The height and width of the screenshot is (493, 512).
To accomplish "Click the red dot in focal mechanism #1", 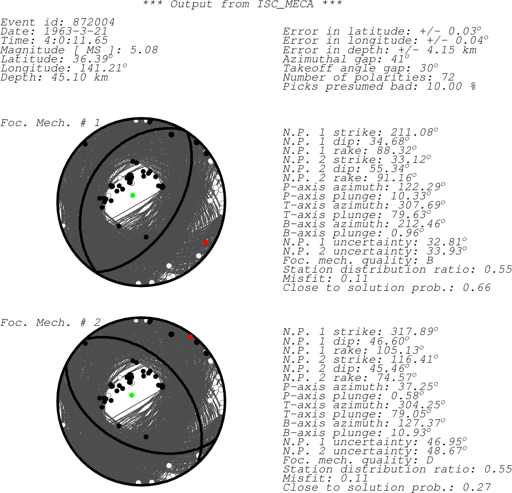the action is (205, 242).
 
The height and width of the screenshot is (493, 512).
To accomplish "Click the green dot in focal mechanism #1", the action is (133, 195).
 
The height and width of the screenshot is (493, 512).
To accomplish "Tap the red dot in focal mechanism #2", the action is (191, 337).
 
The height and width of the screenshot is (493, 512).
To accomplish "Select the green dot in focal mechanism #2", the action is (132, 395).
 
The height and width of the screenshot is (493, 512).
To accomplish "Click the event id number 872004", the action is (94, 22).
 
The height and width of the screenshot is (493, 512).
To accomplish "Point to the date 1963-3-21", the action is (76, 32).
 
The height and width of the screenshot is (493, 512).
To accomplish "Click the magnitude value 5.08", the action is (144, 50).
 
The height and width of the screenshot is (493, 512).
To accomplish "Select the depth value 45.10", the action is (68, 78).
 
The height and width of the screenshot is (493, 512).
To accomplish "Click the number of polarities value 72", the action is (448, 78).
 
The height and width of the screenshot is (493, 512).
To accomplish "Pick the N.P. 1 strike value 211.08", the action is (412, 132).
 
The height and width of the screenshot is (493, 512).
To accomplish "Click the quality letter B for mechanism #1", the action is (430, 261).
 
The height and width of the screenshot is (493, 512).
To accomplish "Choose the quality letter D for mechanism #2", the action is (430, 460).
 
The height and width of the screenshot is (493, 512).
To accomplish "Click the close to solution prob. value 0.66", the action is (477, 287).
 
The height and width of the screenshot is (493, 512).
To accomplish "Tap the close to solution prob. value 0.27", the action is (477, 487).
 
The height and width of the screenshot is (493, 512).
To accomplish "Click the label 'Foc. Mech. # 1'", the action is (50, 123).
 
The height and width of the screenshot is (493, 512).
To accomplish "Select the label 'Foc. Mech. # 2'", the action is (50, 322).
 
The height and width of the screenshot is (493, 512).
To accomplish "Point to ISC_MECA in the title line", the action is (285, 5).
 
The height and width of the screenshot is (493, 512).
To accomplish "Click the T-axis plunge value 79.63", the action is (412, 215).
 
